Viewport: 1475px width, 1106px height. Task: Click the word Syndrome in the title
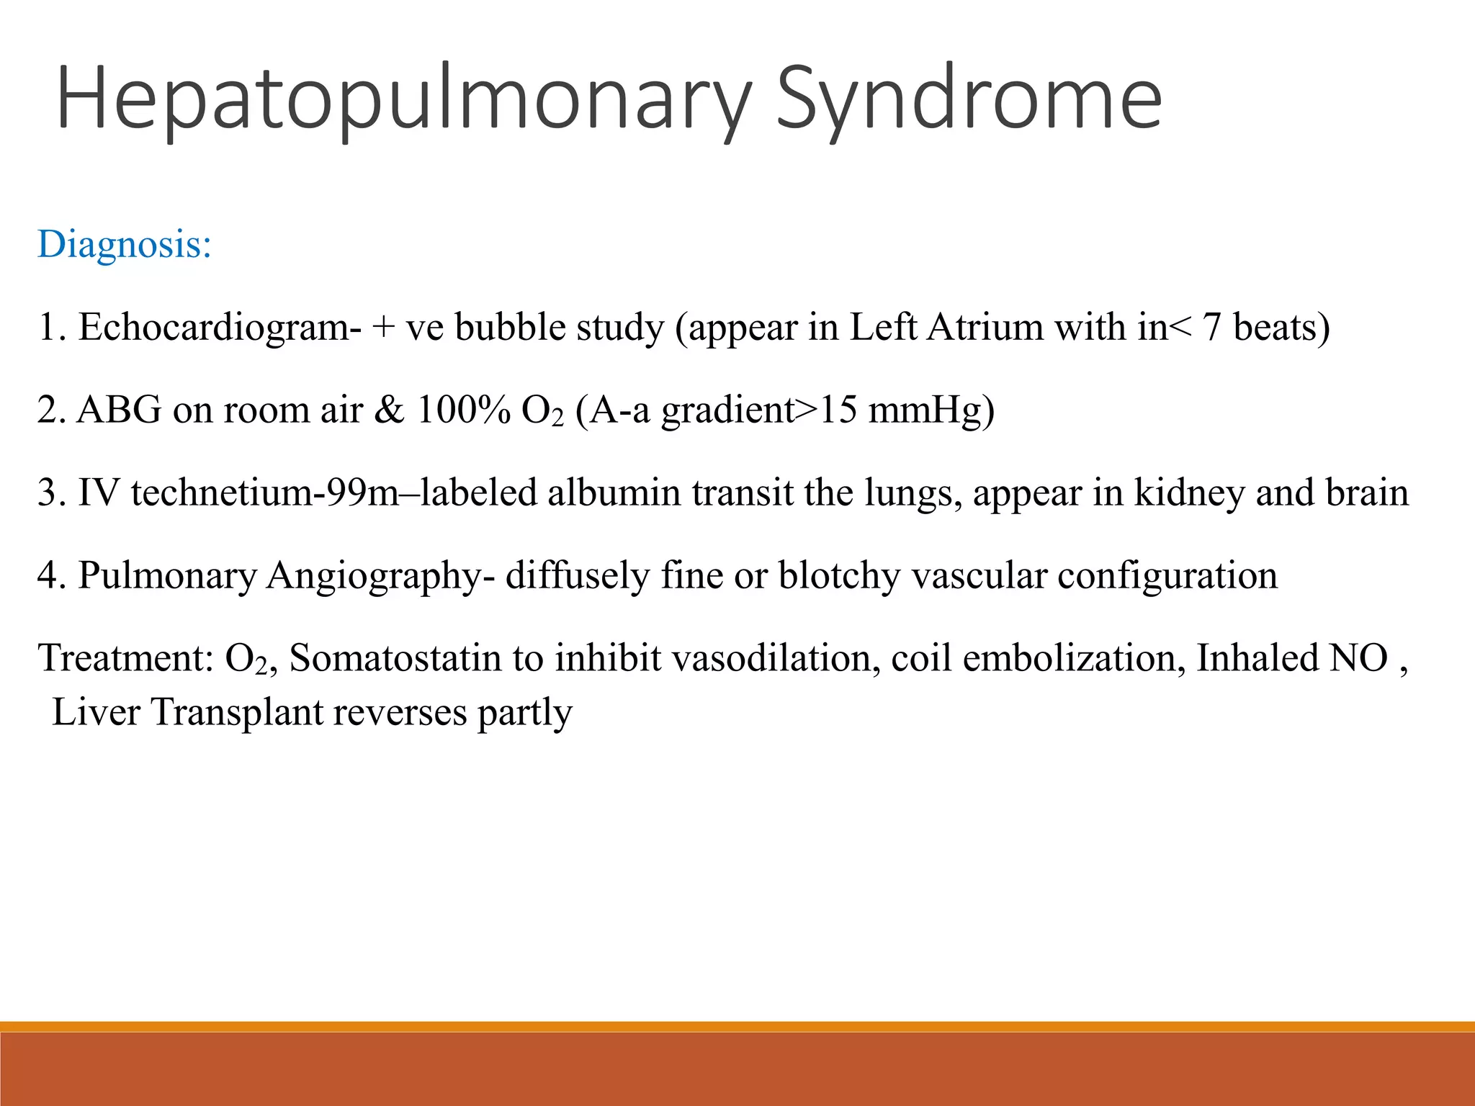click(x=969, y=99)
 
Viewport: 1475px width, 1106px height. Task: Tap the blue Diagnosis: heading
click(x=125, y=244)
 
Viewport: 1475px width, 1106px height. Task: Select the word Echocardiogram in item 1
click(x=220, y=328)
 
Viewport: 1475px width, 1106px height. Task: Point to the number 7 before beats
click(x=1211, y=328)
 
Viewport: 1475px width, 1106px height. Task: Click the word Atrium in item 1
click(x=985, y=328)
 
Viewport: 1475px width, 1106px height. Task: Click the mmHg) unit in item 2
click(x=931, y=410)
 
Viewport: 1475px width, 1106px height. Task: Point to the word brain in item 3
click(x=1366, y=493)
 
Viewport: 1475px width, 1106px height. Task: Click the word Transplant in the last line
click(x=237, y=713)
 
